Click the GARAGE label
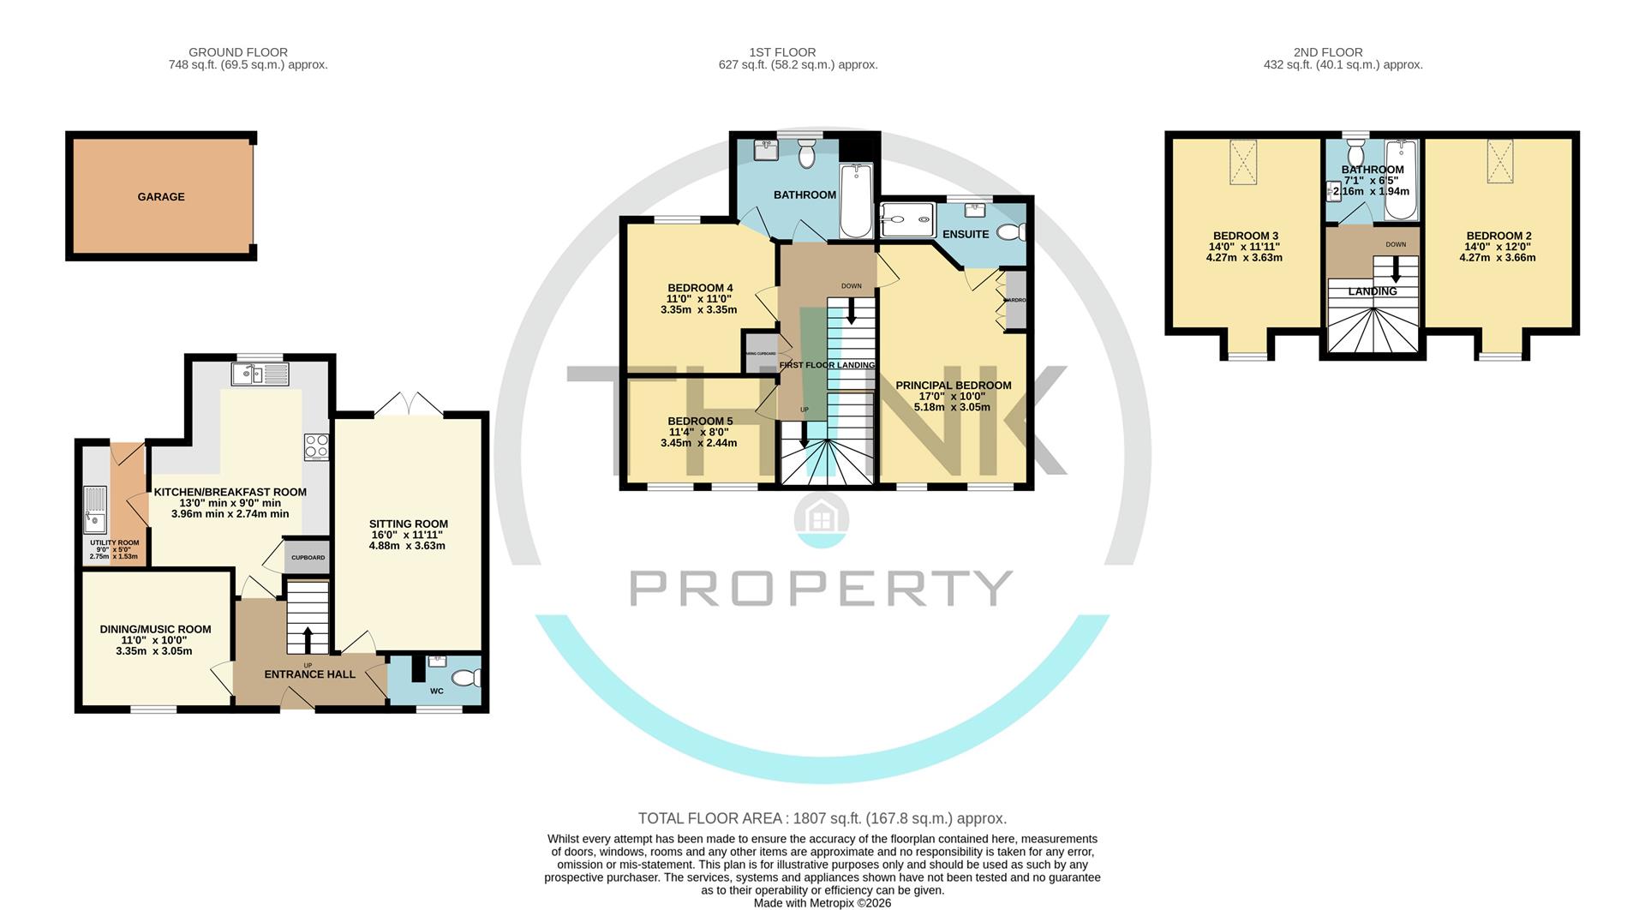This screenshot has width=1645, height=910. [161, 197]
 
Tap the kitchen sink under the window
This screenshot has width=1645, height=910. [260, 374]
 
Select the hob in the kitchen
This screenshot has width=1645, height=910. [316, 446]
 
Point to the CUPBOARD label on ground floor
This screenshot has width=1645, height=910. [308, 558]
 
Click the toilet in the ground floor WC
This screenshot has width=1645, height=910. [466, 679]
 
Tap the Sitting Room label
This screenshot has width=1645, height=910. [408, 524]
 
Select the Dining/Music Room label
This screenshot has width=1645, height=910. [155, 629]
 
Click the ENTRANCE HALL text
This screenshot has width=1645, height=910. [309, 674]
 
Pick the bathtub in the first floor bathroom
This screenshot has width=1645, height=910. [855, 201]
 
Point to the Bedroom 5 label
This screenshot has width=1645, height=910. [700, 421]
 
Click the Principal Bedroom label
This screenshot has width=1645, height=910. [953, 386]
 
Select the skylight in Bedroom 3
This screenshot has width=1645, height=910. [1245, 161]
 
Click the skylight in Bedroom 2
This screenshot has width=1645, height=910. [1499, 161]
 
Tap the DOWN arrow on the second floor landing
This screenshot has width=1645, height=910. [1396, 271]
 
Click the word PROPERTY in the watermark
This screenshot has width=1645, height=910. [822, 588]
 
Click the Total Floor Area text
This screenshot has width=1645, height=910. [822, 818]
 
